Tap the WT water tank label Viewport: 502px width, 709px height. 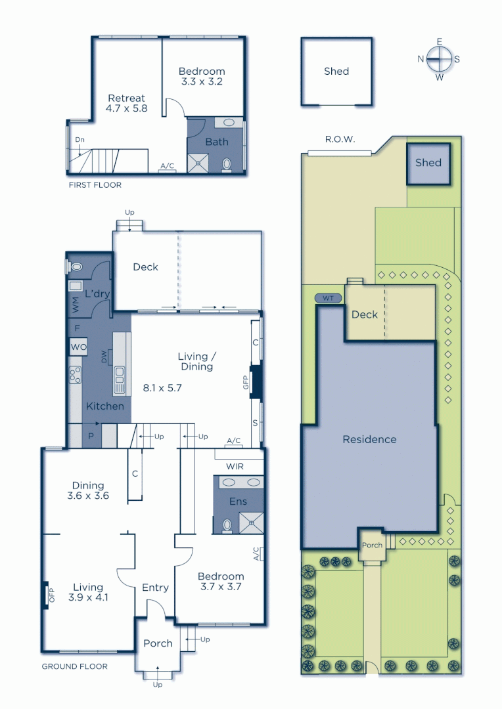pos(329,298)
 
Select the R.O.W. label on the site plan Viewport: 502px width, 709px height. pos(340,139)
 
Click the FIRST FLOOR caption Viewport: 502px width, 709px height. pos(95,185)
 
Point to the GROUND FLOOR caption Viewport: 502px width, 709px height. pos(74,666)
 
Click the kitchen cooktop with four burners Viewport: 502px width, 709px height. pos(74,375)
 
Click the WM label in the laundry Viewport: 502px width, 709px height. pos(74,305)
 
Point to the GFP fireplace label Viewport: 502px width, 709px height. pos(246,383)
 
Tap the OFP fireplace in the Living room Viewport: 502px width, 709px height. pos(50,595)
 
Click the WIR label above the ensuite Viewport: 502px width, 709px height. pos(235,467)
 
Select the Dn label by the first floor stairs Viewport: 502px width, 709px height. pos(80,140)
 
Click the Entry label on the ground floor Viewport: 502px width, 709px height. pos(155,588)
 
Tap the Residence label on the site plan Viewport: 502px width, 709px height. pos(369,439)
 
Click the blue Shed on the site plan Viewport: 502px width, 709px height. pos(428,163)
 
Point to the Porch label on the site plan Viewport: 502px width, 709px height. pos(372,545)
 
